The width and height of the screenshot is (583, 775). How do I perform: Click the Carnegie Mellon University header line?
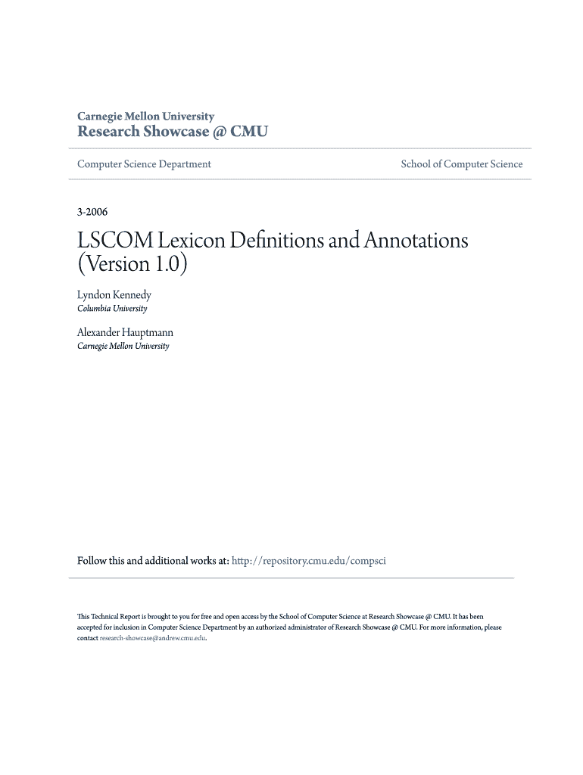point(146,117)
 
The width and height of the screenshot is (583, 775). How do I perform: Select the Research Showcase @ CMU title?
point(173,132)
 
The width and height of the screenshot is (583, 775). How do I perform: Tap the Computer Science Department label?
point(145,164)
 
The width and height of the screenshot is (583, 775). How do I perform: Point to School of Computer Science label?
point(462,164)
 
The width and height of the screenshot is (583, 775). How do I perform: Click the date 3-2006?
point(92,213)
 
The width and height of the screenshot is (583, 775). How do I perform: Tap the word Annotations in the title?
point(416,241)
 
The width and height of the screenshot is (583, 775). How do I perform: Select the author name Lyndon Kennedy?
point(114,295)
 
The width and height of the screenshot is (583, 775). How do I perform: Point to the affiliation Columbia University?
point(113,309)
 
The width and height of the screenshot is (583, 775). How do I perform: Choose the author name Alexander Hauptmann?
point(126,332)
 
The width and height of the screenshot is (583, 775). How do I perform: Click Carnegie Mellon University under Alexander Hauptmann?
point(123,346)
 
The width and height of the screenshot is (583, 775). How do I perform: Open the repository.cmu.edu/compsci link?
point(309,561)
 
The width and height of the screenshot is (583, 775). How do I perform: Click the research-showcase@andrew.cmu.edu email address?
point(152,638)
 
